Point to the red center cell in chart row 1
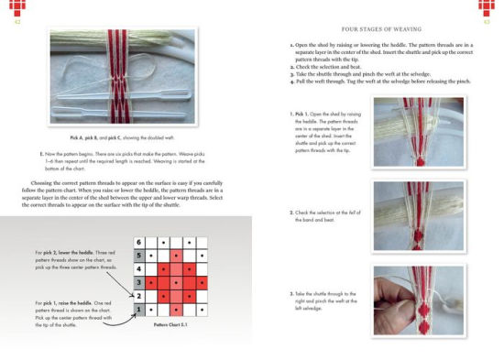pyautogui.click(x=175, y=311)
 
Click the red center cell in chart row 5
pyautogui.click(x=175, y=256)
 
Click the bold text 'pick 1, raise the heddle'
pyautogui.click(x=64, y=301)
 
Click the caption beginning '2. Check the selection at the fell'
pyautogui.click(x=320, y=216)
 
